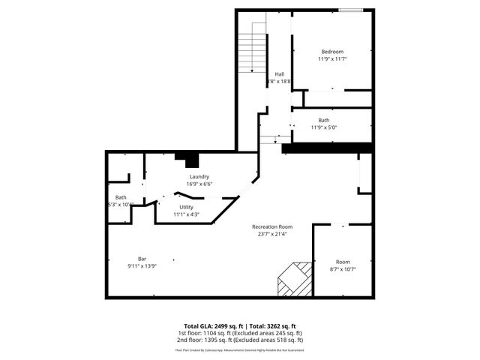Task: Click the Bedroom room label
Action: (x=332, y=51)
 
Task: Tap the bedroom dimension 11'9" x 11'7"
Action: (x=332, y=58)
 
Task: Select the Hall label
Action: (x=279, y=73)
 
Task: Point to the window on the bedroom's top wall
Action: (x=349, y=10)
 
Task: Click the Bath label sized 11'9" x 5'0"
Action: (x=323, y=120)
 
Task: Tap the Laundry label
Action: (x=199, y=176)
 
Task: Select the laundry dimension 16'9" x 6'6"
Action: (x=199, y=184)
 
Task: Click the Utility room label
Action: (x=187, y=207)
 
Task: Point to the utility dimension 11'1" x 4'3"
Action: (x=187, y=214)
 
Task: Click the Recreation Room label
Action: (x=271, y=226)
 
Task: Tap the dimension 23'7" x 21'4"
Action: (x=271, y=234)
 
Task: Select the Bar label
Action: (x=142, y=259)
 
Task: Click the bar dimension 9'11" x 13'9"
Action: (x=142, y=266)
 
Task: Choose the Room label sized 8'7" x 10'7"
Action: (x=343, y=262)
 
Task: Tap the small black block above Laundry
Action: (x=187, y=159)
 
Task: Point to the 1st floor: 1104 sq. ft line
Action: (x=239, y=332)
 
